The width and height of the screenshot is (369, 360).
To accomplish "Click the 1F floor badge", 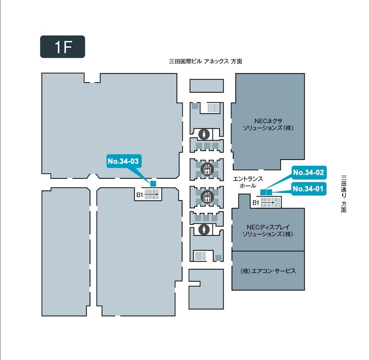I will [x=62, y=47].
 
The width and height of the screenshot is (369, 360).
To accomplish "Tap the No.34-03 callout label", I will [x=123, y=161].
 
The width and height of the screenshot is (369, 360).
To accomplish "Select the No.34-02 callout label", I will [x=309, y=172].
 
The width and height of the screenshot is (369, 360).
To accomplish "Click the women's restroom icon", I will [x=204, y=134].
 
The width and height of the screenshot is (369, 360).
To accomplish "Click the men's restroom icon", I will [x=204, y=229].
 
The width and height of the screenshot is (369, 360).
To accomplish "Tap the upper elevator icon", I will [x=207, y=169].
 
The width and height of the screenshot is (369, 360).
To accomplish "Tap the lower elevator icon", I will [x=207, y=197].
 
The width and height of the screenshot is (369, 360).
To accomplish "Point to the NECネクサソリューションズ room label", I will [x=268, y=124].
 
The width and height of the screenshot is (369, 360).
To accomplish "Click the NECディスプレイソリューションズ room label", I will [x=268, y=230].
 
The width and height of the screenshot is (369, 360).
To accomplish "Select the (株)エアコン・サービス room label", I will [x=268, y=271].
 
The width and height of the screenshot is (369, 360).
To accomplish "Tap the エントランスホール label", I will [x=248, y=182].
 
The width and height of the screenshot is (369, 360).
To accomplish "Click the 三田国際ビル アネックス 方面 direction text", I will [x=205, y=61].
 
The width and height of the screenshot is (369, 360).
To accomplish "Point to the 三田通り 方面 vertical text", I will [x=344, y=194].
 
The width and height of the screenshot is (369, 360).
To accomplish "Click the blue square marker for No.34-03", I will [x=153, y=183].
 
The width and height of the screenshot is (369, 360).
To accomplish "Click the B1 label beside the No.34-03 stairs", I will [x=140, y=195].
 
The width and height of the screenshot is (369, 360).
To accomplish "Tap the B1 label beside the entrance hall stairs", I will [x=256, y=203].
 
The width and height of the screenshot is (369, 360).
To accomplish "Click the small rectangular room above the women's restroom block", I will [x=207, y=86].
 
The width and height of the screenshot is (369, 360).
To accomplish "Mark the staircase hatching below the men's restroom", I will [x=200, y=256].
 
